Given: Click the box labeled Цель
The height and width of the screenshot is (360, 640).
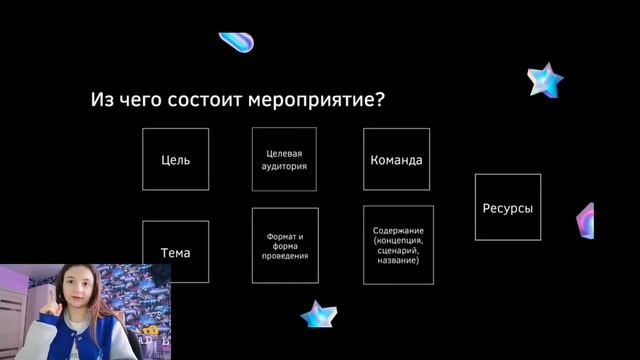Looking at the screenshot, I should pyautogui.click(x=176, y=159).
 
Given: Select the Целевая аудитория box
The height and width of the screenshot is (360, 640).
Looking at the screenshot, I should pyautogui.click(x=285, y=159).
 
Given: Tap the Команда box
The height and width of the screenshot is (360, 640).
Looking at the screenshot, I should pyautogui.click(x=396, y=159).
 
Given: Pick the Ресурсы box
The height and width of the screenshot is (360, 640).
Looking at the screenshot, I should pyautogui.click(x=507, y=207).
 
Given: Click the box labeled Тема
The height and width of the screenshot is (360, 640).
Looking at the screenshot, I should pyautogui.click(x=176, y=252).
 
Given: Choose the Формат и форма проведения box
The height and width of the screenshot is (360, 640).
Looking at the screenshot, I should pyautogui.click(x=285, y=245).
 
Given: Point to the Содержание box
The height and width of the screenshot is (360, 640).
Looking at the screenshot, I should pyautogui.click(x=398, y=245).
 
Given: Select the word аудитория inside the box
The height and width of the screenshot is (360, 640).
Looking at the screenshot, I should pyautogui.click(x=285, y=166).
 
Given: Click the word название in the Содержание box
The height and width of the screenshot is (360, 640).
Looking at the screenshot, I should pyautogui.click(x=398, y=260).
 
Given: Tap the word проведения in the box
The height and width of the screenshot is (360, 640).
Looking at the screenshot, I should pyautogui.click(x=285, y=256).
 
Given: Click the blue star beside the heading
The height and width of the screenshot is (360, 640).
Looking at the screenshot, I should pyautogui.click(x=546, y=79).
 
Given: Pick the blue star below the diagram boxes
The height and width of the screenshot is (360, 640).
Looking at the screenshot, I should pyautogui.click(x=318, y=314).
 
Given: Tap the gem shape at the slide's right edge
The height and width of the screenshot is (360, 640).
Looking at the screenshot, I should pyautogui.click(x=586, y=221).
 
